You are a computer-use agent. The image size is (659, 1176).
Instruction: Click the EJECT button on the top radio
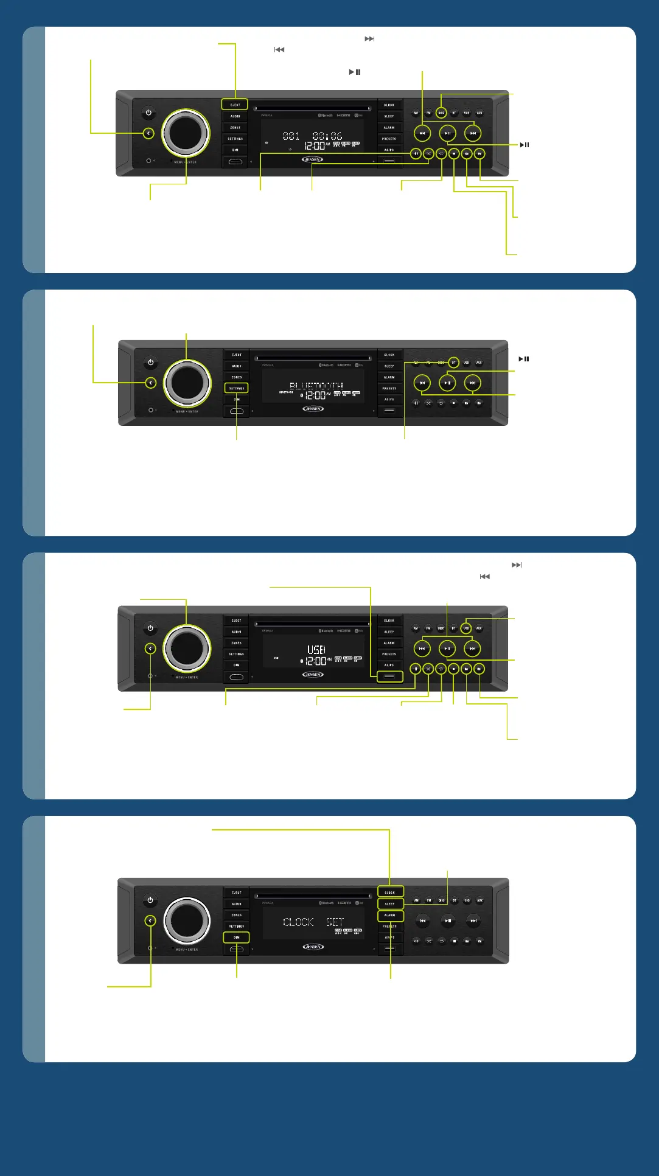coord(235,105)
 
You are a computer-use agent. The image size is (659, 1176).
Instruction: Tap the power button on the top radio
coord(148,113)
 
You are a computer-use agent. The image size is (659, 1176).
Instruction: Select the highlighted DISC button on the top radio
coord(442,113)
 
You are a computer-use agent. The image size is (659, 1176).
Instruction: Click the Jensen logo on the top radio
coord(312,159)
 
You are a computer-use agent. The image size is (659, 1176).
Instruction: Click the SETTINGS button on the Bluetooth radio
coord(237,388)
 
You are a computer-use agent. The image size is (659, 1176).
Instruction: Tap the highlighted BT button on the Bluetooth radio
coord(454,363)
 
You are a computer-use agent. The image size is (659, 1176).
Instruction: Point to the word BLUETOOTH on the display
coord(316,386)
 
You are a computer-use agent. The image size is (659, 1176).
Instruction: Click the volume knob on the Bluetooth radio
coord(187,383)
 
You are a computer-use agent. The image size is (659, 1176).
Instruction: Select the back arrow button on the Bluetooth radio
coord(151,383)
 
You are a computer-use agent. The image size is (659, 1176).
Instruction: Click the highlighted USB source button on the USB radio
coord(466,628)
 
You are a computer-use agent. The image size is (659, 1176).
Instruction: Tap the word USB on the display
coord(316,650)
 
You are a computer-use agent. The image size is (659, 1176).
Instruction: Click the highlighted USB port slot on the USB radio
coord(389,676)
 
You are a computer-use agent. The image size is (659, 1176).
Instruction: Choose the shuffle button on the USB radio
coord(428,669)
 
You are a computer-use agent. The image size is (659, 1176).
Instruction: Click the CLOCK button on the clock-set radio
coord(390,892)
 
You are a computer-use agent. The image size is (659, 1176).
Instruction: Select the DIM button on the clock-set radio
coord(237,938)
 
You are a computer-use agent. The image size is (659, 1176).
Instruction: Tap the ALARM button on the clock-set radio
coord(390,915)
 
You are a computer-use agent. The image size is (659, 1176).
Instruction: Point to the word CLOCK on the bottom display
coord(298,922)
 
